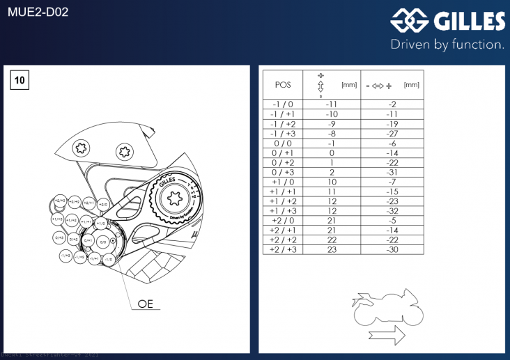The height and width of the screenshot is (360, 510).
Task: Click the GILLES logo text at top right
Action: pos(468,21)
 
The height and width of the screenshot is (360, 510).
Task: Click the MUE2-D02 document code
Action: pos(38,12)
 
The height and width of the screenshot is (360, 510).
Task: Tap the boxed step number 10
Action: pos(20,81)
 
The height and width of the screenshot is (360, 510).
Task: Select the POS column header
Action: pos(283,85)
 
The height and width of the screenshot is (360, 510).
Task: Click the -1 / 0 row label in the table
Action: pos(283,104)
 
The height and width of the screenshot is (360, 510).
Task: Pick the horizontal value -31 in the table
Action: pos(392,172)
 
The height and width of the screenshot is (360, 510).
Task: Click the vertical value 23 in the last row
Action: pos(332,249)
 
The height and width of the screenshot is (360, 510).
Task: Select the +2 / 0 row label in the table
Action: pos(283,220)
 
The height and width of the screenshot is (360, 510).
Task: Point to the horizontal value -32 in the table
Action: pos(392,211)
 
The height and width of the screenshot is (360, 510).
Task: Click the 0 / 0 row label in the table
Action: pos(283,143)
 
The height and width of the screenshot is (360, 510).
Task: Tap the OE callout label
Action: pos(145,304)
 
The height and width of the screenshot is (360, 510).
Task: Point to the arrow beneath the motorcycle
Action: pos(387,336)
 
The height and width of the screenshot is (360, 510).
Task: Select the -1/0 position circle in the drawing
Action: pos(109,259)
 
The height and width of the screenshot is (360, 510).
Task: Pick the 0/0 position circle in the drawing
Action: pos(102,242)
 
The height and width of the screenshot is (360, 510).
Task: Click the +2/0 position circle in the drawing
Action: pos(103,205)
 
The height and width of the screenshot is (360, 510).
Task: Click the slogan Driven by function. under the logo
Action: pos(447,45)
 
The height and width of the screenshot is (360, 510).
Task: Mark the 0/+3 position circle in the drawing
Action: pos(59,237)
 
